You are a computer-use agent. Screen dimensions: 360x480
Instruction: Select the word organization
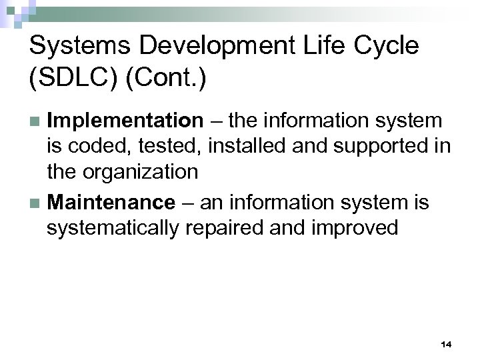point(141,173)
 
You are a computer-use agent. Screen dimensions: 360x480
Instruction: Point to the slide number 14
point(446,344)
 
